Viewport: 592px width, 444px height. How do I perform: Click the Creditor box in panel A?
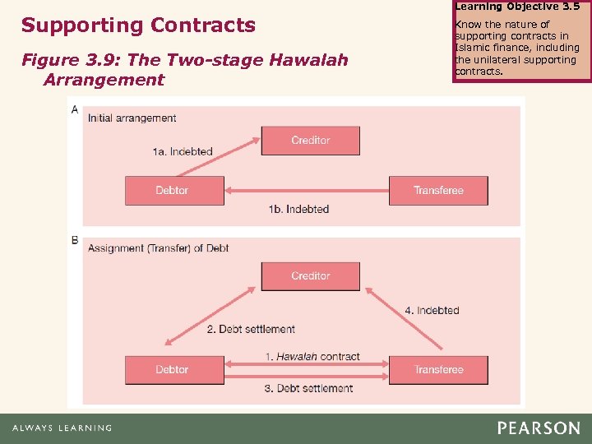310,141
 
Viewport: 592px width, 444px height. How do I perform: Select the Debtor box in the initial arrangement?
173,190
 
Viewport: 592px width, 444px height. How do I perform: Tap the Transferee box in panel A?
437,190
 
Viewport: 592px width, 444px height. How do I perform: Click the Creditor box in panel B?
310,276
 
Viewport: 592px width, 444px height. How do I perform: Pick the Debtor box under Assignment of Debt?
173,369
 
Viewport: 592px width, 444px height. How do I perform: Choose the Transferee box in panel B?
437,369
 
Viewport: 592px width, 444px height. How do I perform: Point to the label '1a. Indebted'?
183,151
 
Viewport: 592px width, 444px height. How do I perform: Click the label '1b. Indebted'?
298,209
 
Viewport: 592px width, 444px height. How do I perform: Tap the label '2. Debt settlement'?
251,329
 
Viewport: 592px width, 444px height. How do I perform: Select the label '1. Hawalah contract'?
312,357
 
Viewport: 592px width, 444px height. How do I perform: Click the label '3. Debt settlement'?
308,388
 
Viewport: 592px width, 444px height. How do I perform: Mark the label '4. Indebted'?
432,310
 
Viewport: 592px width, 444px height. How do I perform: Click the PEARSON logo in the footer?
538,428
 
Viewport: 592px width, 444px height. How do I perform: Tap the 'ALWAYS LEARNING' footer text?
62,428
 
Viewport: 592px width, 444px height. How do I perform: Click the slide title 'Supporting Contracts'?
138,25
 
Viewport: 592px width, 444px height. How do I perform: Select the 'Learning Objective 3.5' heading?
516,7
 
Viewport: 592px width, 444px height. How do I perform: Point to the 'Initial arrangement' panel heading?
132,118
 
